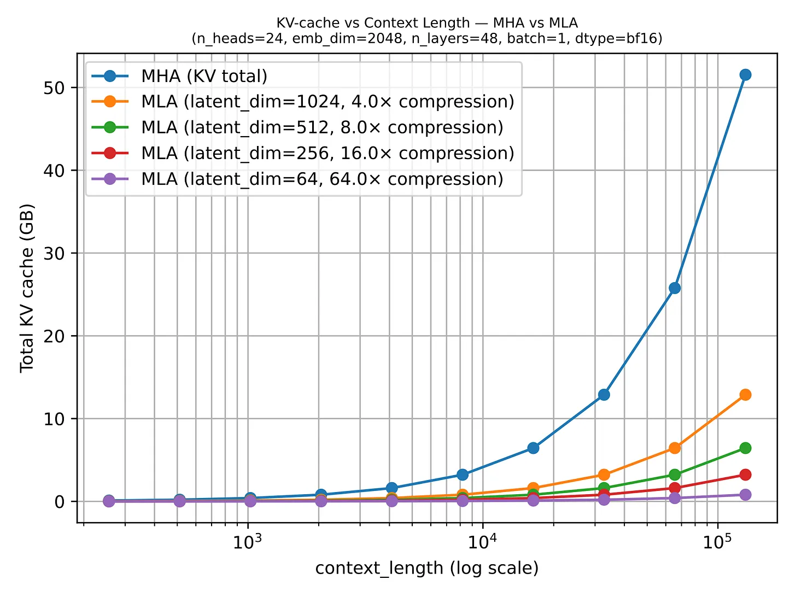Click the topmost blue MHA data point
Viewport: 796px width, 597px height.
(x=745, y=75)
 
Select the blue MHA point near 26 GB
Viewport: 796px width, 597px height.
(x=675, y=288)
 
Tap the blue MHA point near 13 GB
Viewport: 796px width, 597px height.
(x=604, y=395)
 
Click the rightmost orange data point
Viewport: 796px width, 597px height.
(x=745, y=395)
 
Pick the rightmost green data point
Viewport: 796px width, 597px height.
(x=745, y=448)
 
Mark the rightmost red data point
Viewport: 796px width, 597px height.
(x=745, y=475)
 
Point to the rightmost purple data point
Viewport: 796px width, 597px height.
(x=745, y=495)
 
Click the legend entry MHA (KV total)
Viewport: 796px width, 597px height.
(x=204, y=76)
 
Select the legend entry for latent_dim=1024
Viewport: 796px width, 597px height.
(x=327, y=102)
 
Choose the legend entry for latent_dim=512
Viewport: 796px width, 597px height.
(x=321, y=127)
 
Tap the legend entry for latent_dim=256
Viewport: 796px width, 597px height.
(x=327, y=153)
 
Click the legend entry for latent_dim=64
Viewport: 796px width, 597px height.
(x=321, y=179)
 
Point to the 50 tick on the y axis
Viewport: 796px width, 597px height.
(x=54, y=88)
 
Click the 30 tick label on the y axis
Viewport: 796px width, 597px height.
(x=54, y=253)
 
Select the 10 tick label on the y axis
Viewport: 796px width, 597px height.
(x=54, y=419)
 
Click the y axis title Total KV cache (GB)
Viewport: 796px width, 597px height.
(x=27, y=288)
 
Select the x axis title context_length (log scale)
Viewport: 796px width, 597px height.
(x=427, y=568)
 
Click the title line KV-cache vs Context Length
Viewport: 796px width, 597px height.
(x=427, y=23)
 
